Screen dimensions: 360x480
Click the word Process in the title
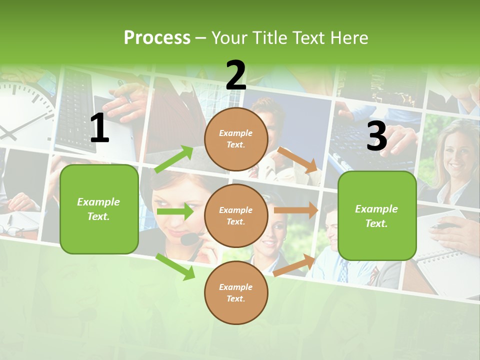tap(157, 38)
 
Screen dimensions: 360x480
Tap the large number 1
tap(99, 128)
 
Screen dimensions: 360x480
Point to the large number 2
tap(236, 75)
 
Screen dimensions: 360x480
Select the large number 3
tap(376, 136)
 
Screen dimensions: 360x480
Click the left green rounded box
tap(99, 209)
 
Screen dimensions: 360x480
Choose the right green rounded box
tap(377, 215)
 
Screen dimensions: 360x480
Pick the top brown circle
tap(236, 139)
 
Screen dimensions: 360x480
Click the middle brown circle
tap(236, 215)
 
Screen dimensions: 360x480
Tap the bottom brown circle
tap(236, 292)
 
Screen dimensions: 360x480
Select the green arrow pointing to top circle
tap(174, 159)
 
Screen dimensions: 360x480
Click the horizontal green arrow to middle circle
tap(174, 211)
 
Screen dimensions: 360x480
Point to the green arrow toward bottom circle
tap(175, 266)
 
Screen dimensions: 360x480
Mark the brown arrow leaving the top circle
tap(298, 159)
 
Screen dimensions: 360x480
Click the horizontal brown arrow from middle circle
tap(296, 210)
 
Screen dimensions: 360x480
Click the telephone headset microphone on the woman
tap(189, 239)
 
